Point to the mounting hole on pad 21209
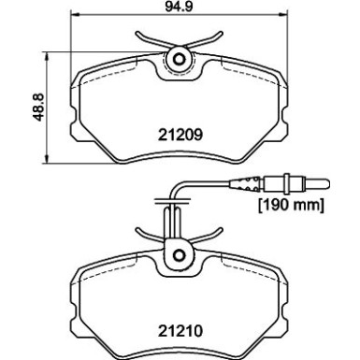(176, 60)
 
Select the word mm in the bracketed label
(309, 205)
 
